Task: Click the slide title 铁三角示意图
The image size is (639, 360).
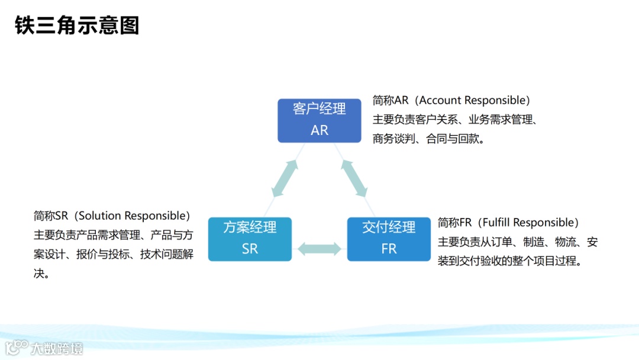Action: pos(77,26)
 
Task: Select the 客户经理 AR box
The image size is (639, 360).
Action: pos(319,120)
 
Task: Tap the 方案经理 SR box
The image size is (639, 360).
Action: pos(250,239)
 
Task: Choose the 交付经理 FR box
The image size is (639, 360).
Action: pos(389,239)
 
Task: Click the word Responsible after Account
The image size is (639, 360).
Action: pos(495,100)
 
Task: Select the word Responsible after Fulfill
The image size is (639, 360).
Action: pos(543,223)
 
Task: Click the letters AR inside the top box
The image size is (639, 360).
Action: pos(319,130)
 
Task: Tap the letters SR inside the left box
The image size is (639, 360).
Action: pos(250,249)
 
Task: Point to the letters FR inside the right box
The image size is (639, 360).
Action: pos(389,249)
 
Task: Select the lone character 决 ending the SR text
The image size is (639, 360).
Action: pos(40,274)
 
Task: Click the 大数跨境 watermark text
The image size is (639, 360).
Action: pos(57,348)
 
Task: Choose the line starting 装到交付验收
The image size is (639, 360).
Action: pos(510,261)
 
